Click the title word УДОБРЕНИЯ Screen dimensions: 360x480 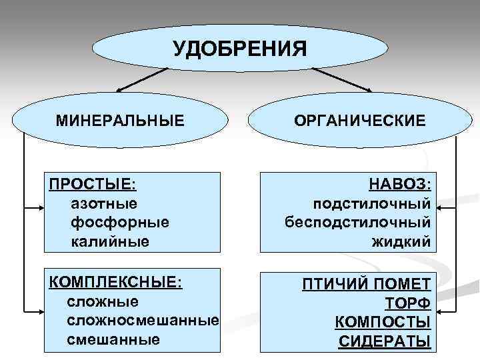click(x=239, y=49)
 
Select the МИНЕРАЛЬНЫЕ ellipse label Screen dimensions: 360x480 click(x=120, y=121)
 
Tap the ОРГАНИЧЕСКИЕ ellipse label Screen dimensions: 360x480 click(x=359, y=121)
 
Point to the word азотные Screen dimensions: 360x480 click(x=104, y=201)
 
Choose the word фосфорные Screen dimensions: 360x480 click(x=120, y=220)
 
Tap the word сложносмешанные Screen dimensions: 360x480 click(x=143, y=321)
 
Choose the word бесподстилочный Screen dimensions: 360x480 click(x=357, y=221)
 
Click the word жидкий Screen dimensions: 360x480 click(x=401, y=240)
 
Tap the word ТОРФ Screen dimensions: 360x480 click(x=409, y=304)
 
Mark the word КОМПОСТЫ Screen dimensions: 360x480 click(x=382, y=323)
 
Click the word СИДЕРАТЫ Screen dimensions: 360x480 click(x=384, y=342)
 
